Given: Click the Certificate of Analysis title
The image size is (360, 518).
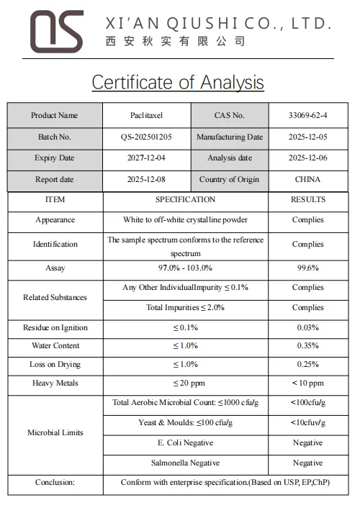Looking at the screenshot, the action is [x=178, y=82].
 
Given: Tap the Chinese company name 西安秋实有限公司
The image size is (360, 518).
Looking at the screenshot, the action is [x=176, y=42].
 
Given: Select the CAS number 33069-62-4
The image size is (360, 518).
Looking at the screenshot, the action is [x=307, y=115].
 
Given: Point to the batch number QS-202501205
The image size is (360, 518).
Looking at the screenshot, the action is [x=146, y=137].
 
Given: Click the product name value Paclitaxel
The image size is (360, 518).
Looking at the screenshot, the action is [x=146, y=115].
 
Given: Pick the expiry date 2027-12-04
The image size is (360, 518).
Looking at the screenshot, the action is [x=146, y=158].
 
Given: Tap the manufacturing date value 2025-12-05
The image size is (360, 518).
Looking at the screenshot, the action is [x=307, y=137].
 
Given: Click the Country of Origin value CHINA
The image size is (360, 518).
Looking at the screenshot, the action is [x=307, y=179].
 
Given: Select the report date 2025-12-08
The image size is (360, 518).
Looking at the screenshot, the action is [x=146, y=179].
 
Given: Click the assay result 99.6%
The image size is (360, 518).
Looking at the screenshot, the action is [x=307, y=268].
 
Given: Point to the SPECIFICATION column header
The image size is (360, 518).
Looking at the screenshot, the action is [x=185, y=199].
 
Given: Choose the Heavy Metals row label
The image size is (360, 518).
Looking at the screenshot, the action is [x=55, y=383].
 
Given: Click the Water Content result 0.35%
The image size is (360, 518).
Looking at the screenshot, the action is [x=307, y=345].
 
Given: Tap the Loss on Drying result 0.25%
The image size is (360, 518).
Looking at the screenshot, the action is [x=307, y=364].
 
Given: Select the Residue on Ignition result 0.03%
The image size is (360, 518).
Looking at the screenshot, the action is [x=307, y=327].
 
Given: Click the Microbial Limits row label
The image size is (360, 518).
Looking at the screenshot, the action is [x=55, y=432].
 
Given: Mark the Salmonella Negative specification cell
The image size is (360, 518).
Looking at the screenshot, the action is [x=185, y=463].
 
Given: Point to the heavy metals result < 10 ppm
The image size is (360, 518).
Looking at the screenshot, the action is [x=307, y=383].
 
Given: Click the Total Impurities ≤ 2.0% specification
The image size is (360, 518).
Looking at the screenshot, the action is [x=185, y=307].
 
